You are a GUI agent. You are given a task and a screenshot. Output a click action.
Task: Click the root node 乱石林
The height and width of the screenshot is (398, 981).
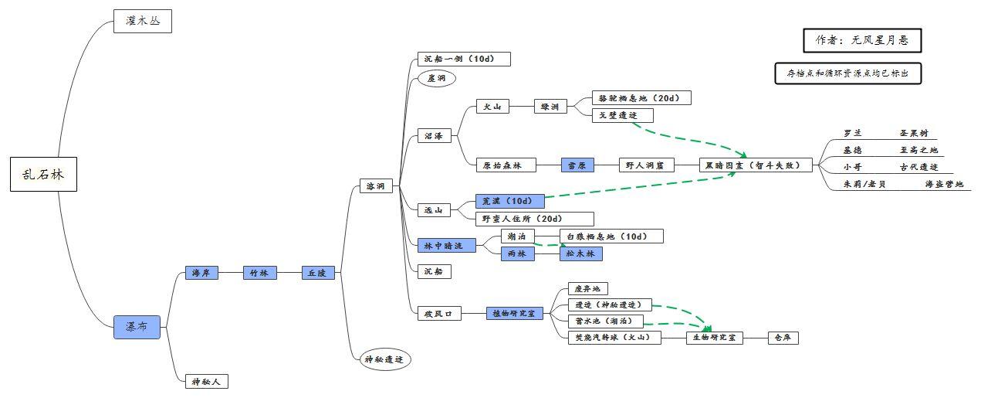(x=44, y=174)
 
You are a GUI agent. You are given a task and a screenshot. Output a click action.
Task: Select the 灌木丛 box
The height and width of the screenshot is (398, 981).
(x=142, y=21)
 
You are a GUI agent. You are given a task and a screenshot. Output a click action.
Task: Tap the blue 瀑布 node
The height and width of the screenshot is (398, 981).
(x=137, y=327)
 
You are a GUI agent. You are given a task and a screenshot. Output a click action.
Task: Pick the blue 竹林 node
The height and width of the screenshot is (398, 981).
(x=259, y=273)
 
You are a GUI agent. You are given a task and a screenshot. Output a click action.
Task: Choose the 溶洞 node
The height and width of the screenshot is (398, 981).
(x=376, y=186)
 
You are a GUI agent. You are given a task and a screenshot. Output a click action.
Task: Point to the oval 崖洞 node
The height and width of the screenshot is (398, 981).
(x=436, y=78)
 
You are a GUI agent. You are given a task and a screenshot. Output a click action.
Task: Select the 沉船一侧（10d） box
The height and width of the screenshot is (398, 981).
(x=464, y=59)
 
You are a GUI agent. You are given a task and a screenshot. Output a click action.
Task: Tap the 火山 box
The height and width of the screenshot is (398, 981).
(x=492, y=107)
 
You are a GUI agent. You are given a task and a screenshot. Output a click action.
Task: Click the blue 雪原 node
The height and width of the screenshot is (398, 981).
(x=577, y=165)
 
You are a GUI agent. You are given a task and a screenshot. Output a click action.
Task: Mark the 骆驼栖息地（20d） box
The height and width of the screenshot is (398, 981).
(x=641, y=98)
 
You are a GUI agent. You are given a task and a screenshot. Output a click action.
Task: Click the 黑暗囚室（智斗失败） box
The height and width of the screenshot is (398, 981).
(x=756, y=165)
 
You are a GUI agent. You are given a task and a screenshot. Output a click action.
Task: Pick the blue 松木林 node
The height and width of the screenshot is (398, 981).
(x=580, y=253)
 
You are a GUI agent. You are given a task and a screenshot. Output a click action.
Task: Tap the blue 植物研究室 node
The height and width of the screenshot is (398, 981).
(x=514, y=313)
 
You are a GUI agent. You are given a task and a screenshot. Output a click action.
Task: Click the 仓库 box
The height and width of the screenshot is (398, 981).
(x=783, y=338)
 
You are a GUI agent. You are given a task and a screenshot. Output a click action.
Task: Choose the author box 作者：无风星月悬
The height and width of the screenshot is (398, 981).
(x=862, y=40)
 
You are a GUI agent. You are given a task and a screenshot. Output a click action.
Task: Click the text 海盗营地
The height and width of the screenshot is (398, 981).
(x=944, y=184)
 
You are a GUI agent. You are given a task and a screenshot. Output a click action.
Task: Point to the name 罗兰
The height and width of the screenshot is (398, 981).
(x=852, y=133)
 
